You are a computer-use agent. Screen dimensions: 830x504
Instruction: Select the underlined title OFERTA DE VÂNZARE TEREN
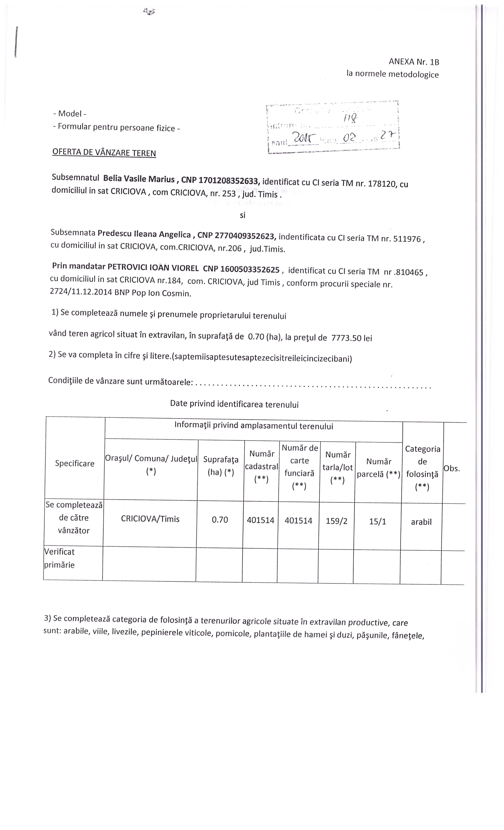104,152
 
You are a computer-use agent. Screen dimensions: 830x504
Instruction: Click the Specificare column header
75,463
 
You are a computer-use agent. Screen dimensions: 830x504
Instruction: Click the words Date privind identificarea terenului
234,404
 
